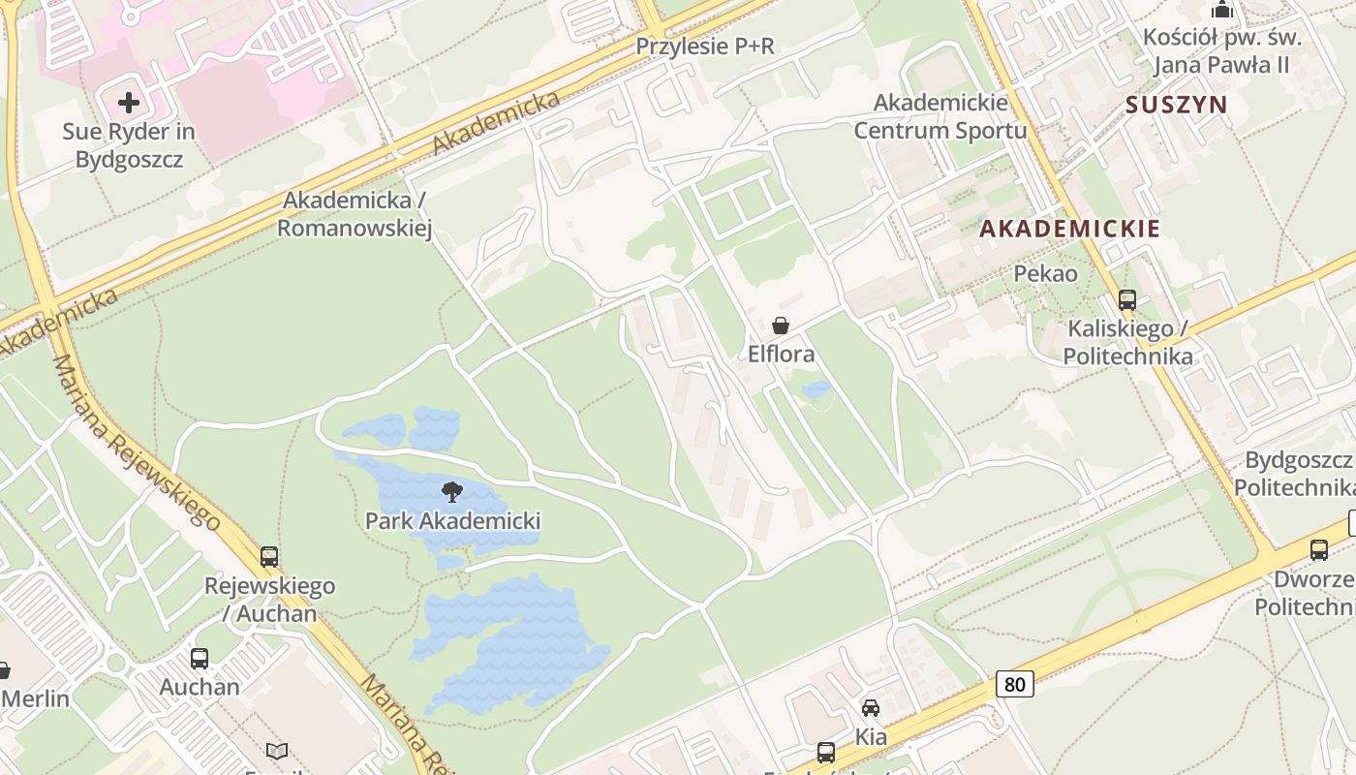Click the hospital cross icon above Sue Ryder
pos(129,102)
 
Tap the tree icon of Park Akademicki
pos(451,491)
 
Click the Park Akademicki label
pos(452,521)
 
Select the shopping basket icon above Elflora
pos(781,325)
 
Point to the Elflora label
pos(781,355)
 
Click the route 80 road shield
pos(1014,684)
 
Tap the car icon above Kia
pos(871,708)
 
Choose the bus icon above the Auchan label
pos(200,659)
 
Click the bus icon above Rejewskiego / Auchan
pos(269,557)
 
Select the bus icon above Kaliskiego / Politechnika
pos(1127,300)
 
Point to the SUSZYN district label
pos(1176,105)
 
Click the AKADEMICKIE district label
pos(1069,230)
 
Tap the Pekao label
pos(1045,274)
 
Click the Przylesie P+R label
pos(705,46)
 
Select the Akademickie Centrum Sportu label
pos(940,115)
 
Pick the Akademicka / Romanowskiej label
pos(354,214)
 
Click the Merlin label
pos(36,698)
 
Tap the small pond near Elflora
pos(817,389)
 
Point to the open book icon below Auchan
pos(277,751)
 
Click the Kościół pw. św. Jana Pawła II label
pos(1222,50)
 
